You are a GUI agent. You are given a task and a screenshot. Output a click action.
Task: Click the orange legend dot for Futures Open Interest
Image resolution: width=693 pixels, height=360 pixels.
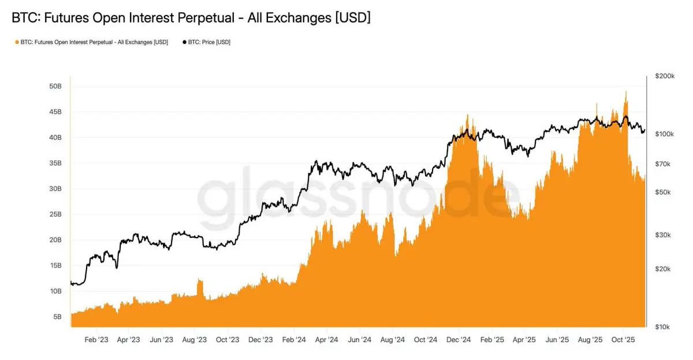pos(16,42)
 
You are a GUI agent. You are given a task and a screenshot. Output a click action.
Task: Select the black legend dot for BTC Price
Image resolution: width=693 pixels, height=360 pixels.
pos(184,42)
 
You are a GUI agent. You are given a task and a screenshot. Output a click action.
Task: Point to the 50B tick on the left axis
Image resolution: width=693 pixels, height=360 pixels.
pos(55,86)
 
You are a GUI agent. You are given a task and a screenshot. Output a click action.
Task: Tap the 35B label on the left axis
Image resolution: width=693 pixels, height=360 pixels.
pos(55,163)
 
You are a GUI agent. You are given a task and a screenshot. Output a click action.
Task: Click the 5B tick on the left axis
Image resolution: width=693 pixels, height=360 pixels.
pos(57,317)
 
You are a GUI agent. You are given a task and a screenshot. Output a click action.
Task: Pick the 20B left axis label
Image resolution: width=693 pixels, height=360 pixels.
pos(55,240)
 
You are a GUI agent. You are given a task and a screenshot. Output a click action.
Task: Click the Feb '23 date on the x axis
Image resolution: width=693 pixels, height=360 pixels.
pos(96,340)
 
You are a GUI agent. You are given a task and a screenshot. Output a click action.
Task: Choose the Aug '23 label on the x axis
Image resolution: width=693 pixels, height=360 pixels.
pos(195,340)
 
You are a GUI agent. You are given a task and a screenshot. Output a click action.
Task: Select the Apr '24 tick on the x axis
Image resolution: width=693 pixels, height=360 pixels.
pos(326,340)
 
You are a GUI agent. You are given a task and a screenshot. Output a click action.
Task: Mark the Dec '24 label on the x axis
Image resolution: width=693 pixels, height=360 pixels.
pos(459,340)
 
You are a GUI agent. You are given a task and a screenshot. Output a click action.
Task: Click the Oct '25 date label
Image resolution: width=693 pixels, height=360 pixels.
pos(623,340)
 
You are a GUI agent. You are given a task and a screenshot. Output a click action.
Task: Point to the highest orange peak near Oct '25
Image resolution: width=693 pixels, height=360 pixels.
pos(626,91)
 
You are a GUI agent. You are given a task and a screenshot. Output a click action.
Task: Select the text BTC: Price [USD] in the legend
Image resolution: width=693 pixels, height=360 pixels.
pos(209,42)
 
